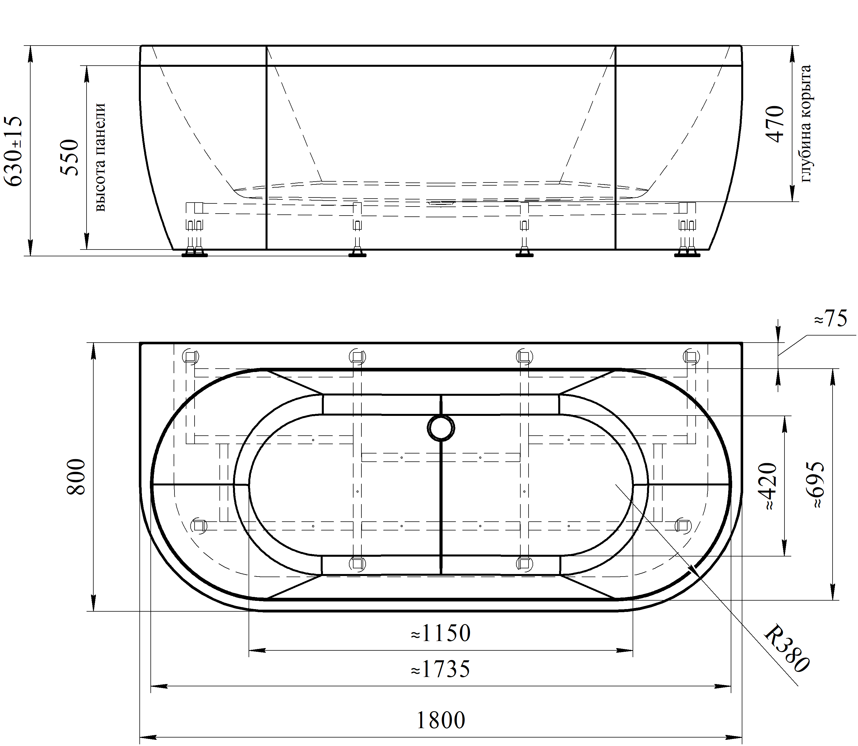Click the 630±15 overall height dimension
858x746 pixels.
coord(12,151)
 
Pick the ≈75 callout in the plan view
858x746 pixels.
coord(830,320)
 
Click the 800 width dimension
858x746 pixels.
coord(76,477)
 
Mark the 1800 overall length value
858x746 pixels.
coord(440,720)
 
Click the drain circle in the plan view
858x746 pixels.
coord(441,428)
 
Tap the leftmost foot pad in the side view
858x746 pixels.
coord(194,254)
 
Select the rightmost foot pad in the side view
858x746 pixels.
coord(687,254)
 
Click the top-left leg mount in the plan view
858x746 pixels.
coord(191,356)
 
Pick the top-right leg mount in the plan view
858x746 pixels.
coord(691,356)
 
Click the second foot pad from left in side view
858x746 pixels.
coord(357,254)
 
